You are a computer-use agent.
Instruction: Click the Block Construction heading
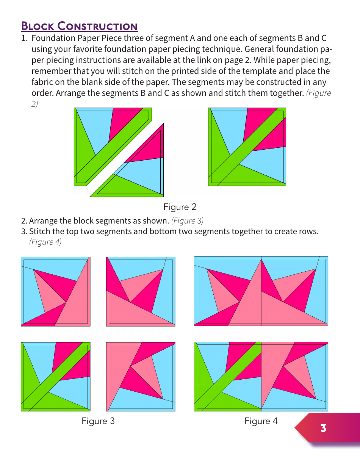coord(79,26)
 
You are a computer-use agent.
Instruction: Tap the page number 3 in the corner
coord(323,428)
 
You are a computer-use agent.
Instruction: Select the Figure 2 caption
coord(180,207)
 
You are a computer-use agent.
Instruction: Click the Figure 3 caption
coord(98,421)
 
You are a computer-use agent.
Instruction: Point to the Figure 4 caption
coord(261,421)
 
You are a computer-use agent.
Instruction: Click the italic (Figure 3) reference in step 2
coord(187,220)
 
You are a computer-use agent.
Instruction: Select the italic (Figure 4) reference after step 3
coord(45,242)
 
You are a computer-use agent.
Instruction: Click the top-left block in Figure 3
coord(56,291)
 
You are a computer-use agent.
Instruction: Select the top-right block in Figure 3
coord(141,291)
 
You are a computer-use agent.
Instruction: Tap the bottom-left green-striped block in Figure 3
coord(56,377)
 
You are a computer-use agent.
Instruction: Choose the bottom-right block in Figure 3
coord(141,377)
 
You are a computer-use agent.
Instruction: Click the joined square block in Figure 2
coord(247,147)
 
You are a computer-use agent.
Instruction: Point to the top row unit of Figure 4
coord(261,291)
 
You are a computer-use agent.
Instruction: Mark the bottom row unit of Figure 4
coord(261,377)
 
